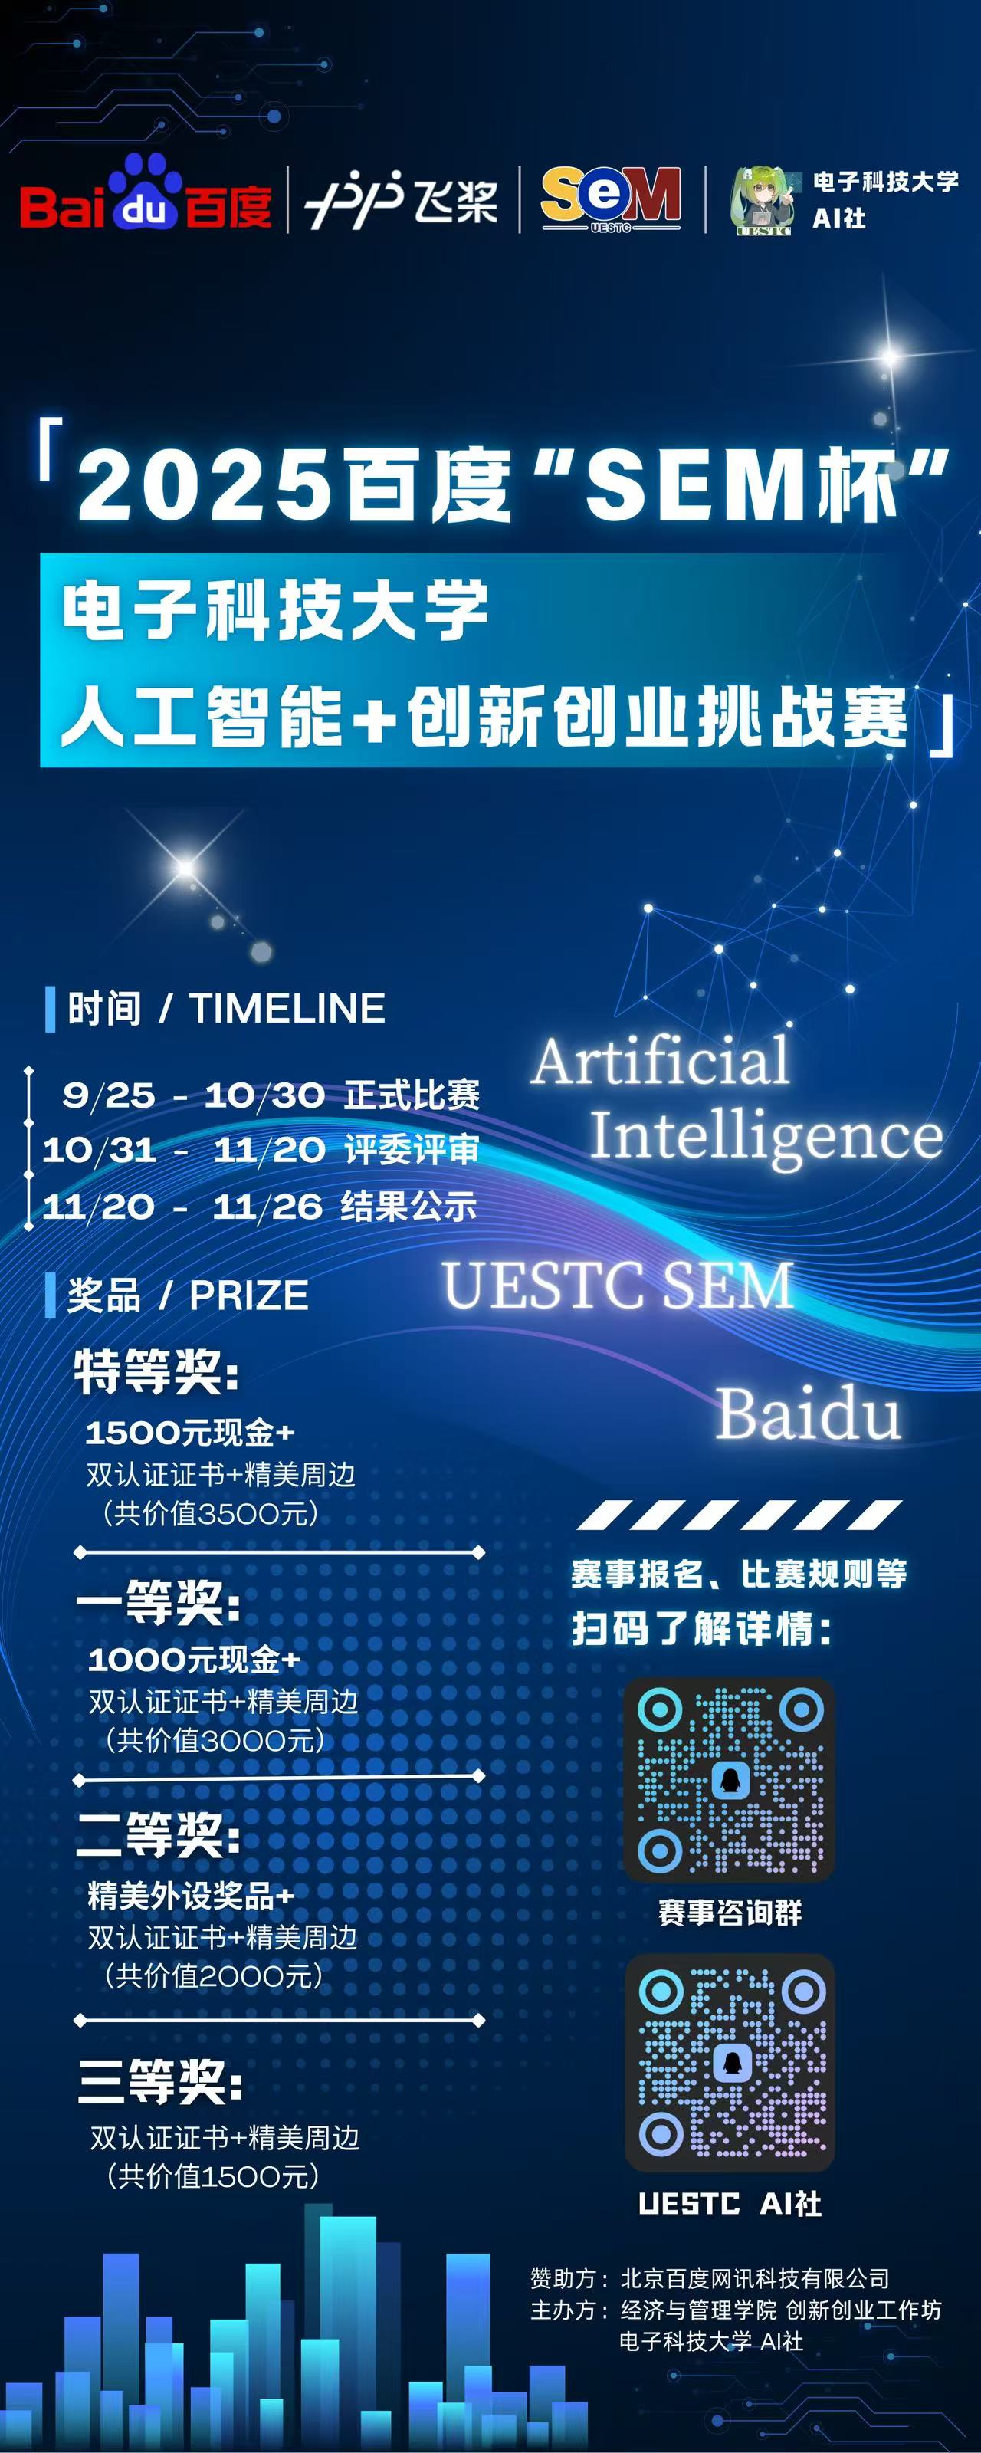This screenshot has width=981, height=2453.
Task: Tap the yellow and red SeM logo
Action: (x=611, y=198)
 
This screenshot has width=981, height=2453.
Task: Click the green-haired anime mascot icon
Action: (x=763, y=201)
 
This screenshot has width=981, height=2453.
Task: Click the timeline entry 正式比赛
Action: (x=412, y=1095)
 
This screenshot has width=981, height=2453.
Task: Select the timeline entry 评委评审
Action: (x=412, y=1151)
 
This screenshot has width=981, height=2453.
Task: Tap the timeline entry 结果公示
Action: (x=409, y=1207)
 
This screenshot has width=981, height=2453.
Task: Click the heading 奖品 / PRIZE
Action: (x=188, y=1295)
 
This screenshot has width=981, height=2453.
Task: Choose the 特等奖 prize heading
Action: (x=156, y=1371)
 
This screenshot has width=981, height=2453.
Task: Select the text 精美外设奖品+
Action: (x=192, y=1895)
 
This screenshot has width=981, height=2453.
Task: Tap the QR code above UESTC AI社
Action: (x=730, y=2061)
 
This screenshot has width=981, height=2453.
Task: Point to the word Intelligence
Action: (x=766, y=1136)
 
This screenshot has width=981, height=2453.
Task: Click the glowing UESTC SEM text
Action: (x=619, y=1285)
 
